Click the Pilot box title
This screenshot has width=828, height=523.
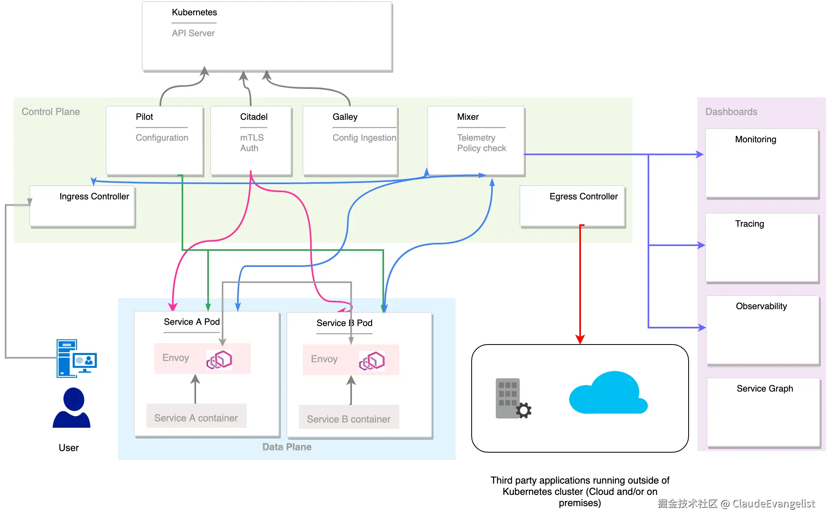(144, 117)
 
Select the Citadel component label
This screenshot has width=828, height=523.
(254, 117)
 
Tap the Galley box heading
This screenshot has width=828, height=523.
(345, 117)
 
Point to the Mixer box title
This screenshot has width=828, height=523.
(468, 117)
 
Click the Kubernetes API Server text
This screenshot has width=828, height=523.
(193, 33)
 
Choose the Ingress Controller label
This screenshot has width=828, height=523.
(94, 197)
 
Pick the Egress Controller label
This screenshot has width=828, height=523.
(583, 197)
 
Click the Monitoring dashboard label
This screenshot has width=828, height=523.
(755, 139)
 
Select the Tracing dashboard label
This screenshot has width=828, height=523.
(749, 224)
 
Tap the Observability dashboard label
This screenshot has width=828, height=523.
(761, 306)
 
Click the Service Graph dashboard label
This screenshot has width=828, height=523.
(765, 389)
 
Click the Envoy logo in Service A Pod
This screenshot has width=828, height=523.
(219, 359)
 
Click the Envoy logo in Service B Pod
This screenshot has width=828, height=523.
(372, 361)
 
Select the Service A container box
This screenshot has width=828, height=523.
(196, 416)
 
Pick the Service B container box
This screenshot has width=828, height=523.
(349, 418)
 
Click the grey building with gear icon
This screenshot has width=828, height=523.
(512, 399)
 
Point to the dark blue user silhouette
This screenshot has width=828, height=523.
(72, 408)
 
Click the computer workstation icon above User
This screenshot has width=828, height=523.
(76, 358)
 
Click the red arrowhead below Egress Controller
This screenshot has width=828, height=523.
(580, 339)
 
